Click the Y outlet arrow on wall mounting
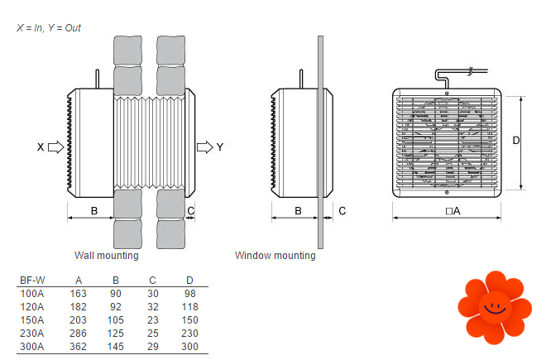click(204, 147)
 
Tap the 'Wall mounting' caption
click(106, 256)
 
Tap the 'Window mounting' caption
click(275, 256)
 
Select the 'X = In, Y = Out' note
click(49, 28)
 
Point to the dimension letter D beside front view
click(515, 141)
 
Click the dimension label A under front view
click(453, 211)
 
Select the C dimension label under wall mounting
click(191, 210)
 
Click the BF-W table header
click(32, 280)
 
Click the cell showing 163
click(79, 293)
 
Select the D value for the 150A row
click(189, 319)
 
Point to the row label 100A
click(32, 293)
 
